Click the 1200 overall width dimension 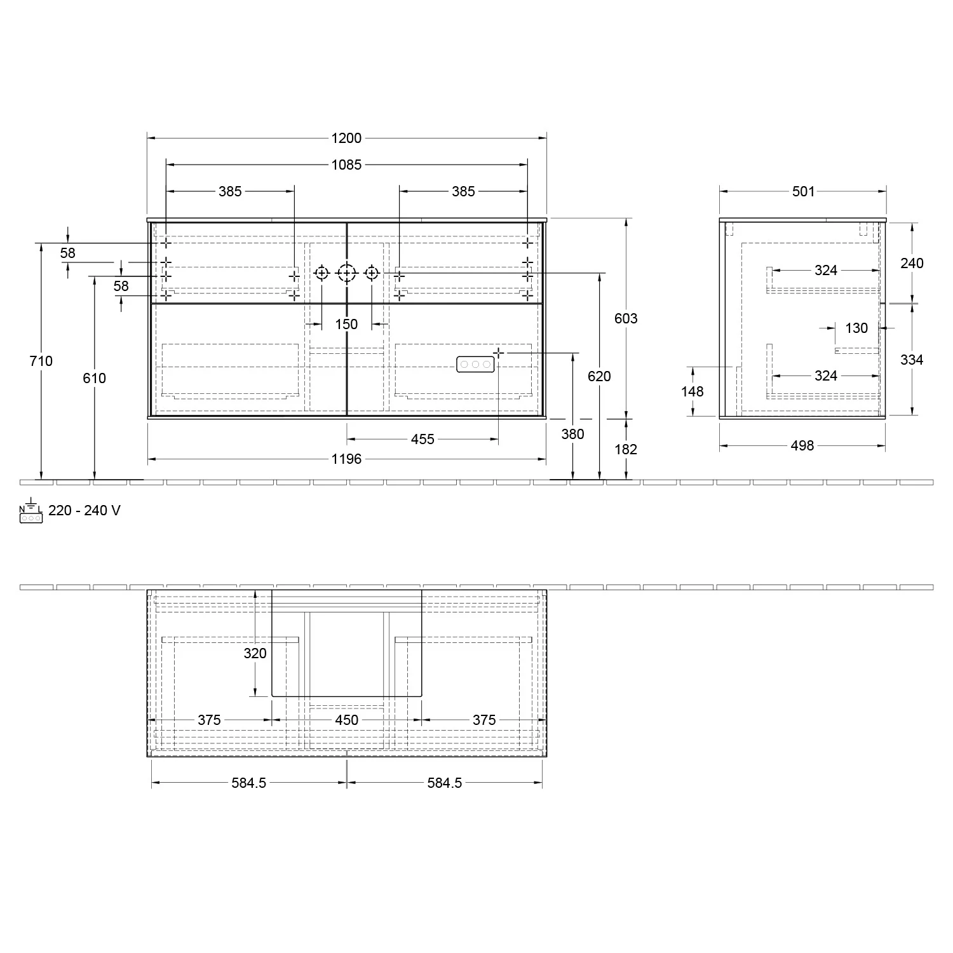(346, 138)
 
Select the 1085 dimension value (346, 165)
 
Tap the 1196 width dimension (346, 459)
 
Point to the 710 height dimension (41, 361)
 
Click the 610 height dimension (95, 378)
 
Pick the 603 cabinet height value (626, 318)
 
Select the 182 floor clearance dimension (626, 449)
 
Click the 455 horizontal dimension (422, 439)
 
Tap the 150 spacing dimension (346, 324)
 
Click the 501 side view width (803, 191)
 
